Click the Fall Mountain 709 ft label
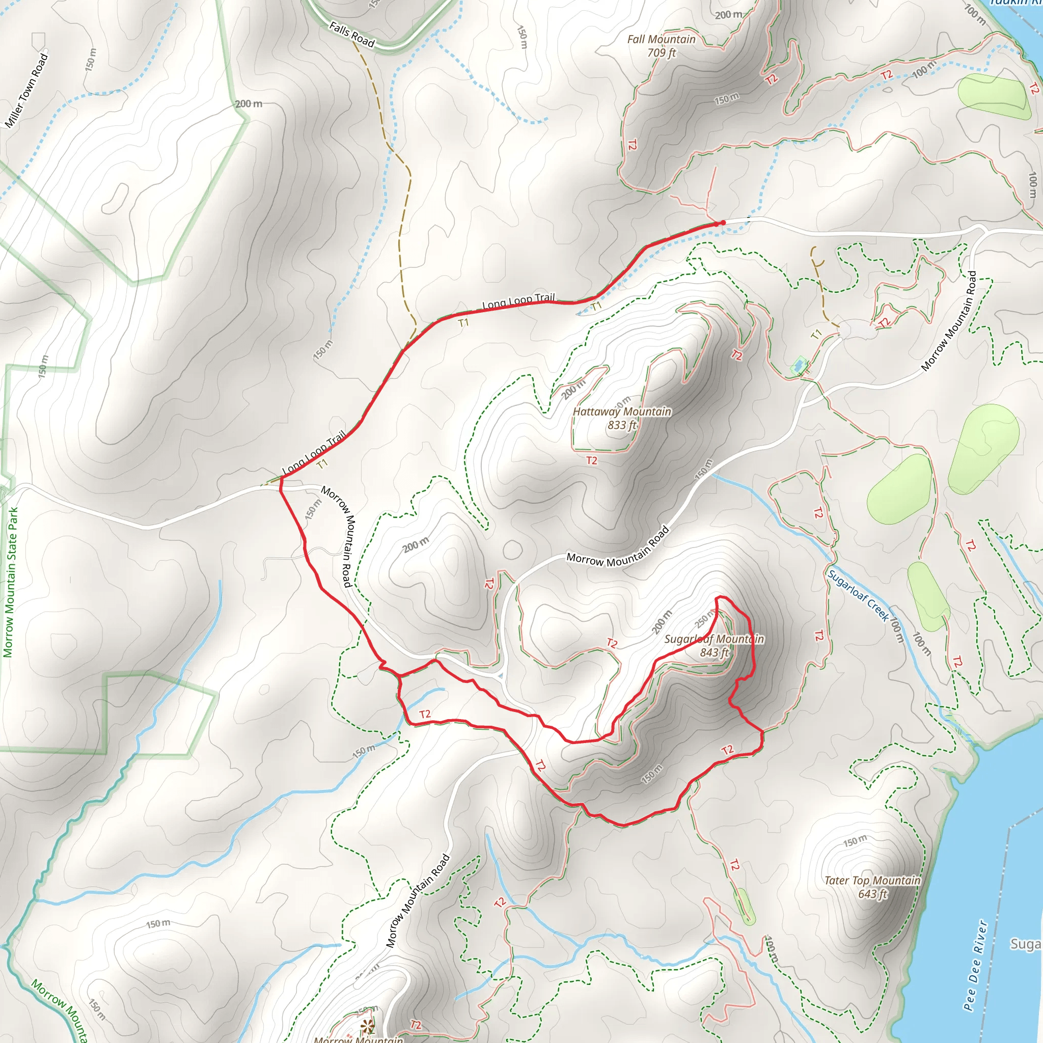coord(662,46)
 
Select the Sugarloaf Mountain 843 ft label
coord(714,646)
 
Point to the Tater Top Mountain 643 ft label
coord(872,887)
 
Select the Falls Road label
coord(352,35)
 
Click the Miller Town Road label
coord(26,91)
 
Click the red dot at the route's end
coord(723,223)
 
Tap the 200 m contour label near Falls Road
coord(249,104)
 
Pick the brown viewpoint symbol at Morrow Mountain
coord(368,1025)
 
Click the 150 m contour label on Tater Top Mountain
coord(855,841)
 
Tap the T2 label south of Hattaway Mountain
coord(592,460)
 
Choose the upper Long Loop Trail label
coord(518,300)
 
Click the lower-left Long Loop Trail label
coord(314,452)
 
